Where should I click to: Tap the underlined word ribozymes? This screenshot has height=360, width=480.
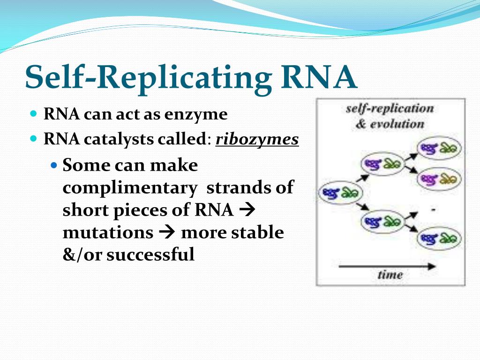(x=257, y=140)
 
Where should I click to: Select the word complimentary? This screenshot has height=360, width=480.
(x=130, y=187)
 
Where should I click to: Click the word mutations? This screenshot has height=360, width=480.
(x=108, y=232)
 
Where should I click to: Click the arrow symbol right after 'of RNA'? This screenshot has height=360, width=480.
(x=246, y=210)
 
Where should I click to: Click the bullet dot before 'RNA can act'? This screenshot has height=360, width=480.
(x=33, y=114)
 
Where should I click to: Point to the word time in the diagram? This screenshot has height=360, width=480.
(x=390, y=274)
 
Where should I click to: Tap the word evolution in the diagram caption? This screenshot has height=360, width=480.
(x=397, y=124)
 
